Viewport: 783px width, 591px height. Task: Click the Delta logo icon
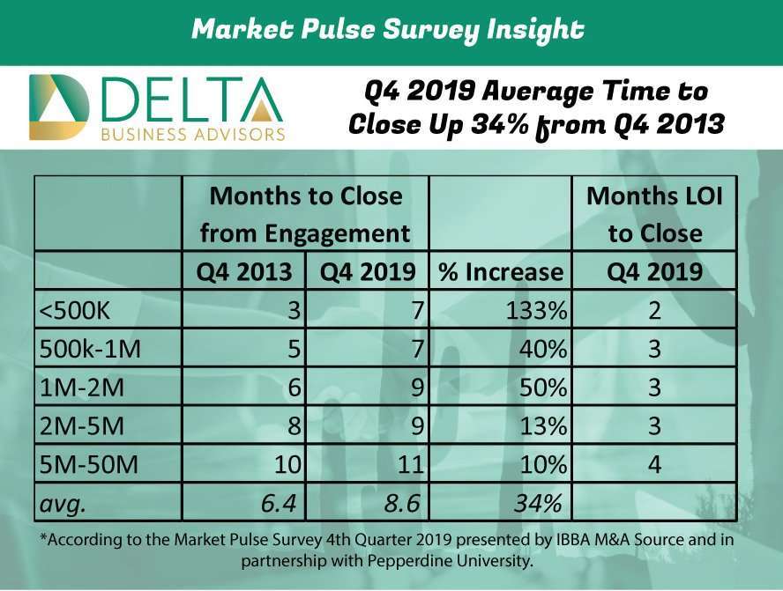[x=59, y=107]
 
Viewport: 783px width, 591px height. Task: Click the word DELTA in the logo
[x=193, y=100]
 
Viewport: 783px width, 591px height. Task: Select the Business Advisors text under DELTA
[x=193, y=135]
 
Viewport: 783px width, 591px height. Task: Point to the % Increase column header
[x=500, y=271]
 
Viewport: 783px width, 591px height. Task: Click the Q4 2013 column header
[x=243, y=271]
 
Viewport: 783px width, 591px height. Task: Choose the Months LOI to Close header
[x=654, y=214]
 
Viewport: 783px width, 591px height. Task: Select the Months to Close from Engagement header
[x=305, y=214]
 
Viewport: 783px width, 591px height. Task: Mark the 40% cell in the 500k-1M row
[x=543, y=349]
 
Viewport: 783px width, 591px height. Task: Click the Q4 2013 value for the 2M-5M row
[x=295, y=425]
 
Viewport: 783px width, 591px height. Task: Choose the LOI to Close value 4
[x=653, y=463]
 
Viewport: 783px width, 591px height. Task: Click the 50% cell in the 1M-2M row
[x=543, y=388]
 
